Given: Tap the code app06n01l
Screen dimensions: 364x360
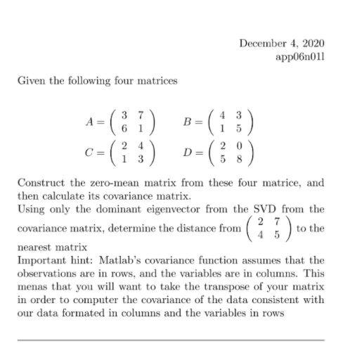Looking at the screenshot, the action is click(301, 56).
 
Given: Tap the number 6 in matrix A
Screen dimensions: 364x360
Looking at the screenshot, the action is click(124, 128).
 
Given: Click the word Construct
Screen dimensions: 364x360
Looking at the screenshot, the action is click(40, 183).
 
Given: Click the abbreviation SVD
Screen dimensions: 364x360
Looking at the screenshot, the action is click(272, 209).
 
